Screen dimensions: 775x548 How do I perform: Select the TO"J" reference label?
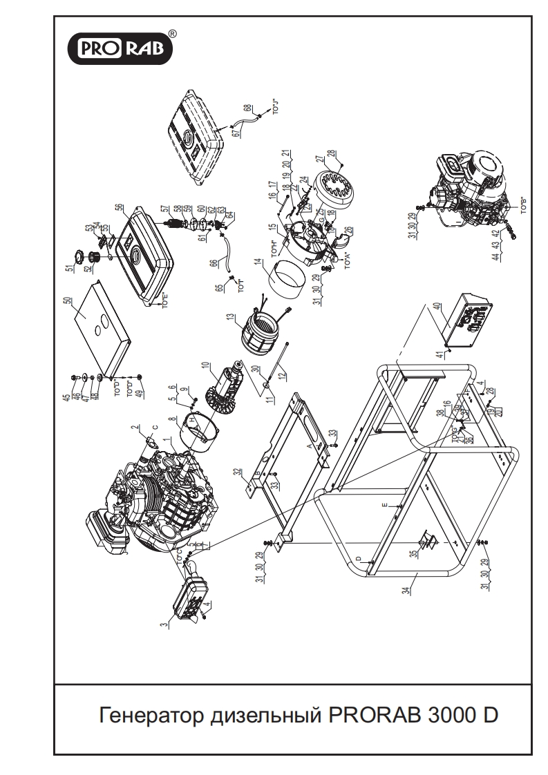click(x=276, y=108)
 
